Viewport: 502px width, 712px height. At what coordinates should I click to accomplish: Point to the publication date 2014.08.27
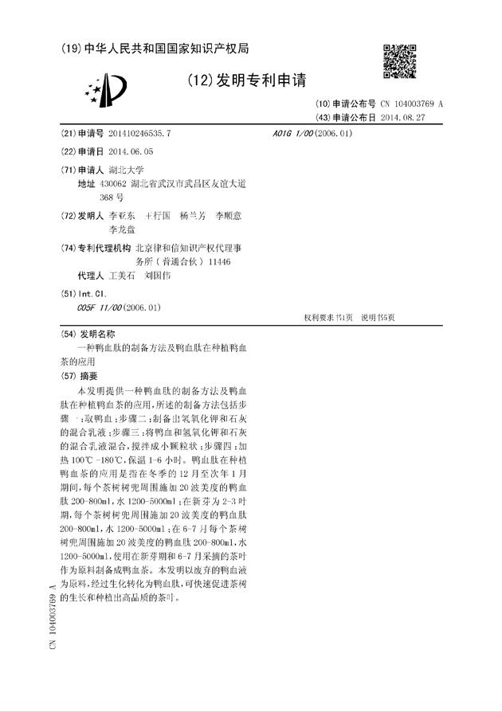coord(403,117)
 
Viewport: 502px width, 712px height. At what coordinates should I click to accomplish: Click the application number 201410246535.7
coord(139,134)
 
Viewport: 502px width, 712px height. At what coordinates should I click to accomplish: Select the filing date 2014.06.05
coord(131,151)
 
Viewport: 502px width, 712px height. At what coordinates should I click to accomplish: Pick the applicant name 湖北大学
coord(126,170)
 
